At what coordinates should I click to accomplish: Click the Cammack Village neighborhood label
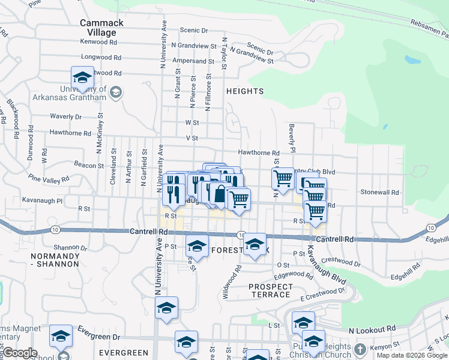(x=101, y=28)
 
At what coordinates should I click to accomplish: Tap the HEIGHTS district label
(x=245, y=91)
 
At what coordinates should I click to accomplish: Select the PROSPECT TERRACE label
(x=271, y=290)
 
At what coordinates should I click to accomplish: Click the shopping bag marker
(x=220, y=195)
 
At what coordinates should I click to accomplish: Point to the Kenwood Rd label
(x=102, y=42)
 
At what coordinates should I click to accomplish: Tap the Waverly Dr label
(x=65, y=116)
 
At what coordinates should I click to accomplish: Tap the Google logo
(x=20, y=353)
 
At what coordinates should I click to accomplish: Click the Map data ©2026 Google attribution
(x=412, y=355)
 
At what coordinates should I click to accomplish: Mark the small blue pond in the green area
(x=412, y=59)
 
